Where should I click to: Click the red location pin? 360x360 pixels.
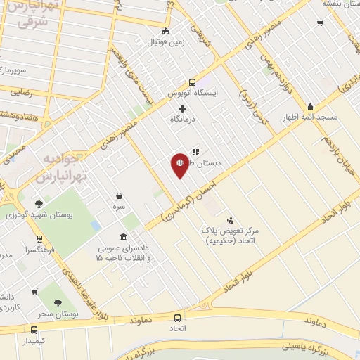179,165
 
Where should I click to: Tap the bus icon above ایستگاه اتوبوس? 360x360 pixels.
193,82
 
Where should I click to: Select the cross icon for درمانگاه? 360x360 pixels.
183,108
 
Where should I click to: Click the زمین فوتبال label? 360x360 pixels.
165,41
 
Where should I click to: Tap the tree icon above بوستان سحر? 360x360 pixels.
58,303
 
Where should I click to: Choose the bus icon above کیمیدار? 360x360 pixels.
34,329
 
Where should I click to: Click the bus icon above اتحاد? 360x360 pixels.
177,318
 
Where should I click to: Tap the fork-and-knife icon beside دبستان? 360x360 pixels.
195,150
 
